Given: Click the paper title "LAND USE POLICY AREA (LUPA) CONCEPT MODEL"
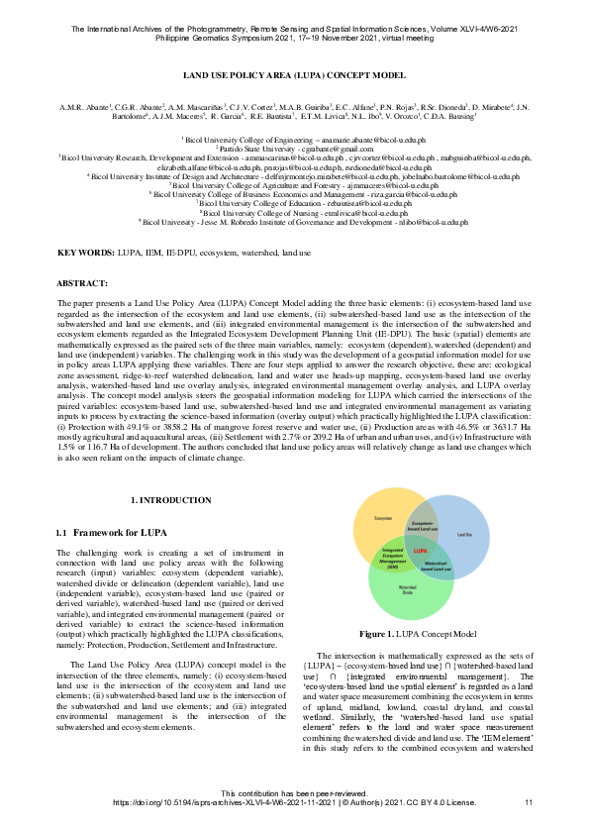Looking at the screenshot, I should tap(294, 75).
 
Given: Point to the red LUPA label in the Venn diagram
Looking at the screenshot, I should tap(420, 550).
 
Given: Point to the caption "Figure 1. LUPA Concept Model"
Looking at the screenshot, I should tap(419, 633).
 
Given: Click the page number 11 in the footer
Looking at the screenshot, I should tap(529, 801).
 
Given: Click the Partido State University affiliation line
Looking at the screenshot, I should tap(294, 149).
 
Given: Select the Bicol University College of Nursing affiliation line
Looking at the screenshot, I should tap(294, 212).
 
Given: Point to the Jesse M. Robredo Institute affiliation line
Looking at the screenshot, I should tap(294, 223).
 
